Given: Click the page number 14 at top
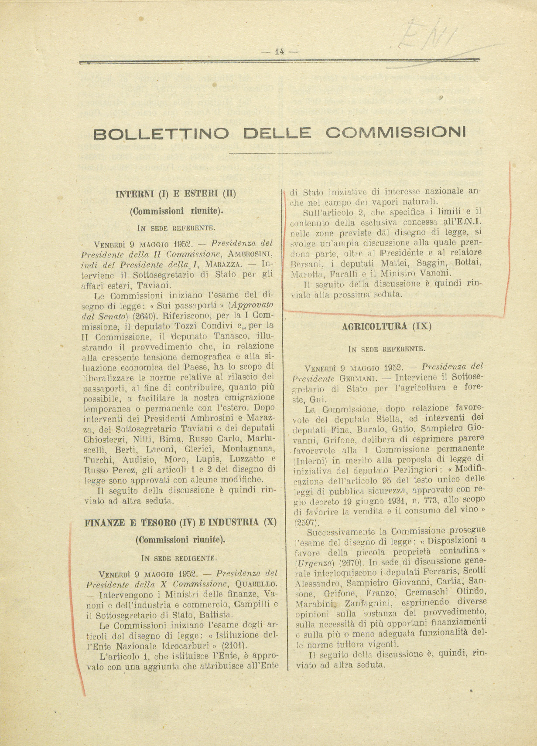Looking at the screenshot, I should (x=279, y=51).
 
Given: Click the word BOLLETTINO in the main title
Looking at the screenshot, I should (x=161, y=133).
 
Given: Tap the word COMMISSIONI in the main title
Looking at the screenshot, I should (x=396, y=132).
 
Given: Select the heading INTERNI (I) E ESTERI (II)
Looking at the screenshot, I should (x=175, y=193).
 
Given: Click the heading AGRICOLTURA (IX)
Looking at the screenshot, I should (x=387, y=326).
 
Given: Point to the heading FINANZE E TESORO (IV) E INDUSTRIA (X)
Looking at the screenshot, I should (x=180, y=522).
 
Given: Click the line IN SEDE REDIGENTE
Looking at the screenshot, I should (x=179, y=558).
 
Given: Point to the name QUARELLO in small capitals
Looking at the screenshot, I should (x=256, y=584).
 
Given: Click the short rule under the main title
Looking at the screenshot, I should (x=280, y=153).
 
